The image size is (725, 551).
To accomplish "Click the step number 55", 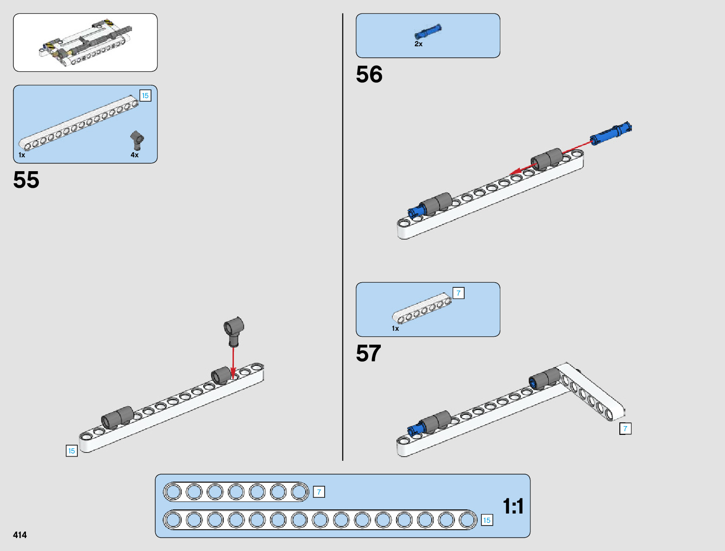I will (x=26, y=180).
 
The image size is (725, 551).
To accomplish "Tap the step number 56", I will (x=369, y=74).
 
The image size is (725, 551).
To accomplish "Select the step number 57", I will (x=368, y=353).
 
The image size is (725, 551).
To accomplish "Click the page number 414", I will (x=20, y=535).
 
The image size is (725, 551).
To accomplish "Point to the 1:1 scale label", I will (x=513, y=506).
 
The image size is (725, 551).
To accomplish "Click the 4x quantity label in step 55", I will (x=134, y=155).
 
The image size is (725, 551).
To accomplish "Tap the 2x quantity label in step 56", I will (x=418, y=44).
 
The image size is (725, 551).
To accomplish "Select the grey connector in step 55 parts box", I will (x=137, y=139).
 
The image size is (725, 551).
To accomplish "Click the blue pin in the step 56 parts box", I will (x=428, y=32).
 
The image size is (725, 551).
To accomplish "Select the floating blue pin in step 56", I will (x=611, y=133).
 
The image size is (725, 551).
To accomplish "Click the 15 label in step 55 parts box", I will (x=145, y=96).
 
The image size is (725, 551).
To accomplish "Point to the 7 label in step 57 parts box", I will (x=458, y=293).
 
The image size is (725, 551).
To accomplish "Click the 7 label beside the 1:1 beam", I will (x=319, y=492).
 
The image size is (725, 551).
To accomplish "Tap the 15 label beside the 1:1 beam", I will (x=486, y=520).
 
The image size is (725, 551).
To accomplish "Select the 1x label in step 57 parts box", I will (x=395, y=328).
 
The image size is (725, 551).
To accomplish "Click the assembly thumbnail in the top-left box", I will (x=85, y=42).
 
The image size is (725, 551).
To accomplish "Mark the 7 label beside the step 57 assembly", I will (x=625, y=429).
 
